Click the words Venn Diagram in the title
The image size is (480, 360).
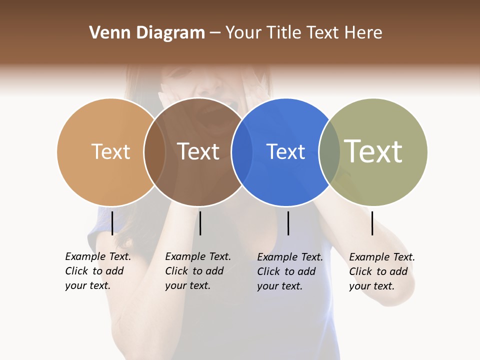pyautogui.click(x=147, y=33)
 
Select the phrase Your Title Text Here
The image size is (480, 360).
pyautogui.click(x=303, y=33)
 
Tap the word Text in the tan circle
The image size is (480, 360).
pyautogui.click(x=111, y=151)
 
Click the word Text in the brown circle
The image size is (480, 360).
pyautogui.click(x=198, y=151)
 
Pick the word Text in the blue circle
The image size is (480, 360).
pyautogui.click(x=285, y=151)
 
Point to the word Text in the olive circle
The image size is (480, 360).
pyautogui.click(x=373, y=151)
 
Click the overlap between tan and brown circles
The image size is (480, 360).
pyautogui.click(x=154, y=152)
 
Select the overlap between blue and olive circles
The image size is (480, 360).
pyautogui.click(x=329, y=152)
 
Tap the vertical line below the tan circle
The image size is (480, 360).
pyautogui.click(x=112, y=223)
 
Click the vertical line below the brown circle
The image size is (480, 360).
pyautogui.click(x=200, y=223)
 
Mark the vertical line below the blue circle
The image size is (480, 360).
pyautogui.click(x=288, y=223)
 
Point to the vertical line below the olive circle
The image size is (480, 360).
pyautogui.click(x=372, y=223)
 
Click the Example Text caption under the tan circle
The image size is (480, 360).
pyautogui.click(x=98, y=271)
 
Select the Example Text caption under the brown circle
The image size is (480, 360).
pyautogui.click(x=198, y=271)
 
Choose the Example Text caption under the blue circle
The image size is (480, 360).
pyautogui.click(x=290, y=271)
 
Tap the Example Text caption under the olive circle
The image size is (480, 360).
pyautogui.click(x=382, y=271)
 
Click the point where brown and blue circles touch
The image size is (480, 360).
pyautogui.click(x=242, y=152)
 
